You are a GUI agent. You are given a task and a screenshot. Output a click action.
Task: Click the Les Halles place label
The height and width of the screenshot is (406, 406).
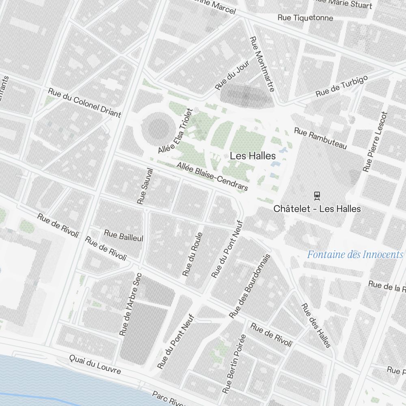click(x=253, y=156)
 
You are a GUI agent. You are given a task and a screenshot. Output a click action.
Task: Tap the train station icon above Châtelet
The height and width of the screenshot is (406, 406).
click(x=317, y=196)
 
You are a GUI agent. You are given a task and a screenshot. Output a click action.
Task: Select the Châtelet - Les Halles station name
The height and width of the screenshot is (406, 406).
click(x=317, y=209)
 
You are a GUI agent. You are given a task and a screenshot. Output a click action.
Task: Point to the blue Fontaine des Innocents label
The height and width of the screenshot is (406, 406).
click(x=355, y=255)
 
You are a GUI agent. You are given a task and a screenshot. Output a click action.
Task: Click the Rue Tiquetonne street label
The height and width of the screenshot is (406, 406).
click(x=305, y=18)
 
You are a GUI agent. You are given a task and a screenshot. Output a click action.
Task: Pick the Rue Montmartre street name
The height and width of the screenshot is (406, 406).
click(x=262, y=64)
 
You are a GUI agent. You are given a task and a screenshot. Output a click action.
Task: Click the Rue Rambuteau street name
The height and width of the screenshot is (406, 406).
click(x=320, y=138)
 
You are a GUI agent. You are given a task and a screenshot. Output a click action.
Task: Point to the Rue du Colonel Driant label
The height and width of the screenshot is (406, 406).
click(x=84, y=103)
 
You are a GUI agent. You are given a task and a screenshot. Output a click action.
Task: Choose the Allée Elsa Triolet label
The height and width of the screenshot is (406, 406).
click(x=175, y=131)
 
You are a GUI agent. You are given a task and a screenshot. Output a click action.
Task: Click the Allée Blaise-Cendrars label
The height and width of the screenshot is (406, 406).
click(x=212, y=177)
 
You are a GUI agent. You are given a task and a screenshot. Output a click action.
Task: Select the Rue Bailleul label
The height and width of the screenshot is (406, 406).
click(x=124, y=236)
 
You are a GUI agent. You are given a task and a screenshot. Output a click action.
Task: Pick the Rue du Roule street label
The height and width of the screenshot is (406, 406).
click(x=192, y=255)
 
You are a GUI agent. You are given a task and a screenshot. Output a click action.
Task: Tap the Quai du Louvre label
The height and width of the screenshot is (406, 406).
click(x=95, y=364)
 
